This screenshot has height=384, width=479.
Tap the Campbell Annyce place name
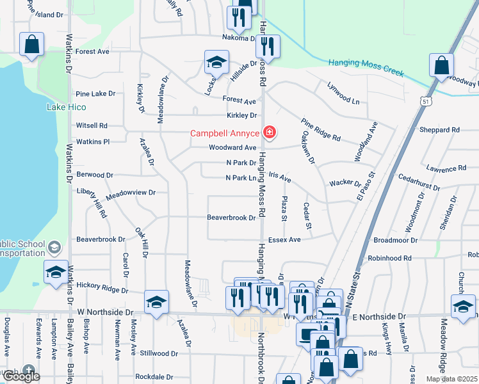[x=224, y=134]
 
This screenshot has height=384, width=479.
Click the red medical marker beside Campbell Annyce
[x=270, y=133]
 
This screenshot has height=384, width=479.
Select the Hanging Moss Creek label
[x=366, y=67]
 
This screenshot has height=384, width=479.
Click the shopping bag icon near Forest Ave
[x=31, y=44]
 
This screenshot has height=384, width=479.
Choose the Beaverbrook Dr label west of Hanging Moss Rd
[x=231, y=218]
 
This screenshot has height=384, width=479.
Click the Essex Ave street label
[x=284, y=240]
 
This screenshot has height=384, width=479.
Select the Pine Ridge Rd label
[x=321, y=129]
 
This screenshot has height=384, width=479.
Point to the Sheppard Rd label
[x=439, y=130]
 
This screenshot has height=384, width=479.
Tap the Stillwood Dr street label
[x=159, y=353]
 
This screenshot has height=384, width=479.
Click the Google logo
[x=21, y=376]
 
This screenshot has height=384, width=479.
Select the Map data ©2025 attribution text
[x=451, y=379]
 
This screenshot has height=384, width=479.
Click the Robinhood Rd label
[x=389, y=258]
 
